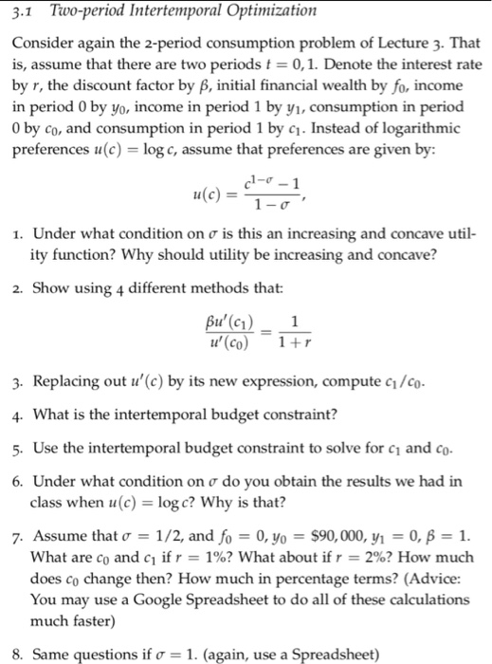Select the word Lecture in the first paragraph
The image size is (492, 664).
click(392, 43)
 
